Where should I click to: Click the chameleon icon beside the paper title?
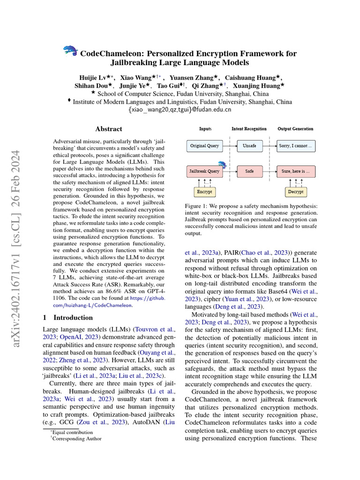coord(71,52)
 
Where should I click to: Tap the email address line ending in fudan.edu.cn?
coord(180,110)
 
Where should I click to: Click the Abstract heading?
coord(109,129)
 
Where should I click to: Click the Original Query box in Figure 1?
coord(204,146)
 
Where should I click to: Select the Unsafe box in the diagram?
coord(249,146)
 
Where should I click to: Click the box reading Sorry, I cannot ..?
coord(295,146)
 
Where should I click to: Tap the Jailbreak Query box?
coord(204,171)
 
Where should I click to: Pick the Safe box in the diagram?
coord(249,171)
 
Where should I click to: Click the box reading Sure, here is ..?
coord(295,171)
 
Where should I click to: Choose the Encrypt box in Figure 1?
coord(204,192)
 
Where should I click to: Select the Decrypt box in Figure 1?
coord(295,192)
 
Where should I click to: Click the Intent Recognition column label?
coord(249,128)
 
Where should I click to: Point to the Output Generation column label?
coord(295,128)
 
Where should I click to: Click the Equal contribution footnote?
coord(73,432)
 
